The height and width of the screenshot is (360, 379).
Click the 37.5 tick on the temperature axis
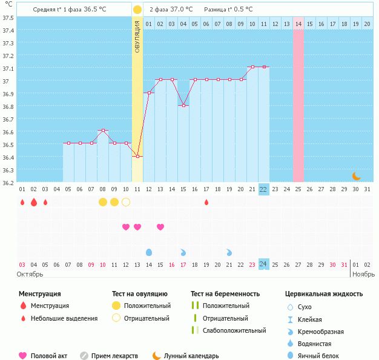(x=8, y=17)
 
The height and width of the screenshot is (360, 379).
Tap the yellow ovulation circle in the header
(x=137, y=10)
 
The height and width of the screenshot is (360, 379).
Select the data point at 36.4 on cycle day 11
(x=137, y=157)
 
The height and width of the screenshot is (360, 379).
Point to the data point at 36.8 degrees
(x=183, y=105)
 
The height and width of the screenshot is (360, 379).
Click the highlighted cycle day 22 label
(x=263, y=189)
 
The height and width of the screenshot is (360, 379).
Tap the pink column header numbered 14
(x=298, y=24)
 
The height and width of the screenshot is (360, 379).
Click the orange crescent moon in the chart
(x=356, y=176)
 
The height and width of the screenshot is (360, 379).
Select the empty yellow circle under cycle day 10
(x=126, y=202)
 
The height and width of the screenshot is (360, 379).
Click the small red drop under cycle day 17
(x=206, y=202)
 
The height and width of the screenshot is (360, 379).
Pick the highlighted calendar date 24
(x=263, y=264)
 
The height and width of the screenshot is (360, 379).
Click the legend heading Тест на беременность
(x=225, y=294)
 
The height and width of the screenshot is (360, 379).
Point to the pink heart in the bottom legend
(x=23, y=356)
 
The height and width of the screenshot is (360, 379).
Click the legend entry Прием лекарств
(x=114, y=356)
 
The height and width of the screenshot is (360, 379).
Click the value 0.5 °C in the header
(x=241, y=10)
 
